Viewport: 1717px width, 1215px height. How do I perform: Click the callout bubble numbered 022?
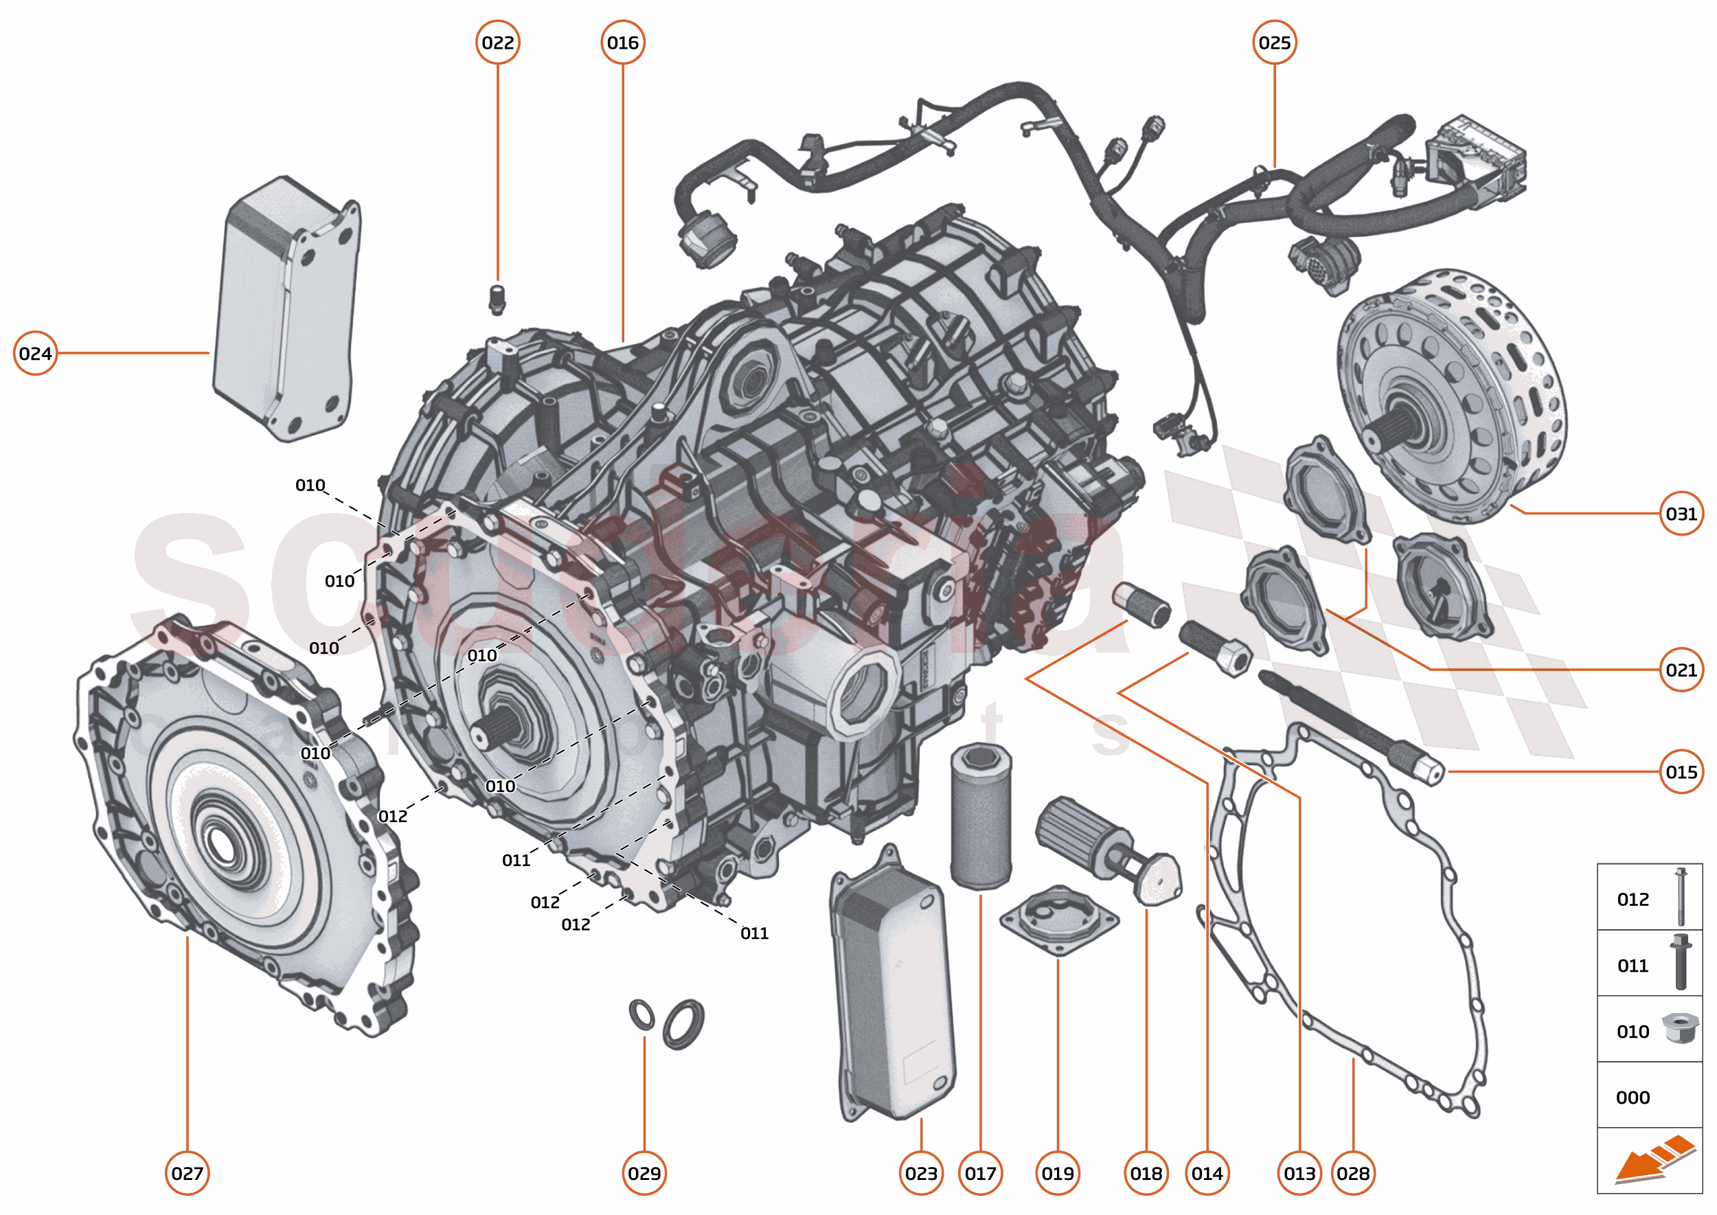[x=497, y=43]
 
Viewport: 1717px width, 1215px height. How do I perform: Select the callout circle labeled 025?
[x=1274, y=43]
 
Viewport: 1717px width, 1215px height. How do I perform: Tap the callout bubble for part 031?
[x=1681, y=513]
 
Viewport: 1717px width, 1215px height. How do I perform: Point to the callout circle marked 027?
[x=187, y=1173]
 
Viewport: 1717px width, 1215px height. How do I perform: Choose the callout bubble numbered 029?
[x=644, y=1173]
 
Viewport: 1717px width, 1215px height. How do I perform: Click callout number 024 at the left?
[x=35, y=353]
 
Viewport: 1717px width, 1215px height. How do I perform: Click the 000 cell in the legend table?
[x=1633, y=1098]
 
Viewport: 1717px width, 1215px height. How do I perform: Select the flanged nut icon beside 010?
[x=1680, y=1028]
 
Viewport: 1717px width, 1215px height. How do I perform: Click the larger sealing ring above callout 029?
[x=683, y=1023]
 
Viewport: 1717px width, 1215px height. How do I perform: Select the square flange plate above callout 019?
[x=1058, y=921]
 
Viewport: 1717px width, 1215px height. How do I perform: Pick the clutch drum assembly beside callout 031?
[x=1451, y=396]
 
